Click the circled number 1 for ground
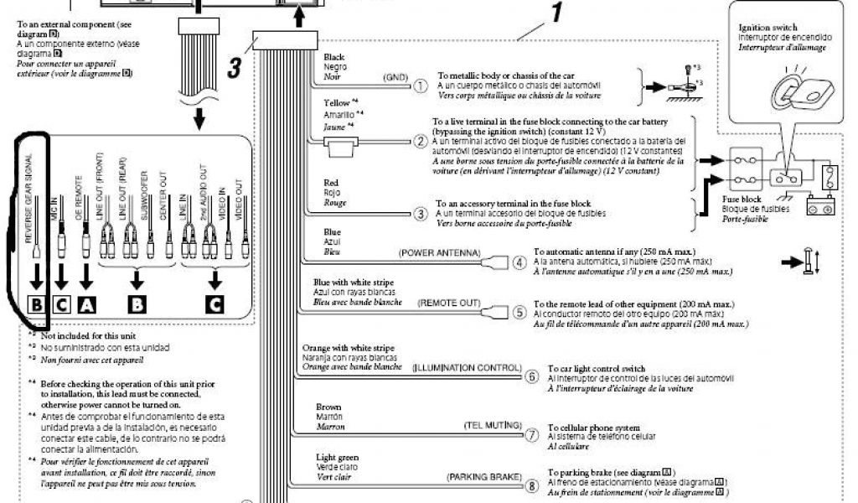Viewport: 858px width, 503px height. (x=421, y=86)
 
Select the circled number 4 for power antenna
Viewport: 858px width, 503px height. (x=519, y=262)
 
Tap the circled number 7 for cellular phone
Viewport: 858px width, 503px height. (x=532, y=434)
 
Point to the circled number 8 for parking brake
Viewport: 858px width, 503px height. (x=532, y=485)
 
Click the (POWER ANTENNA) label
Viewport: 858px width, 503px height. (x=439, y=251)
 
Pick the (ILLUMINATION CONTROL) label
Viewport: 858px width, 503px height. (x=467, y=367)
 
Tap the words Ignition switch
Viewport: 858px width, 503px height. (x=768, y=28)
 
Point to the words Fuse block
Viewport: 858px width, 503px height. (x=743, y=200)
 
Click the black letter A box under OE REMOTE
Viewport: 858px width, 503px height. (x=87, y=306)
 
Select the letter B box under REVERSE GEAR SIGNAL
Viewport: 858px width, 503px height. (x=37, y=306)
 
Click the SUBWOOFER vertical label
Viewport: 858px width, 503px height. (x=147, y=198)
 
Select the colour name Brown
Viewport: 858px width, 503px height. (x=328, y=407)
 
